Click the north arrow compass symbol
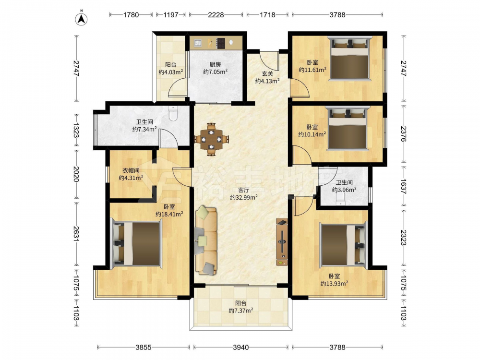[82, 19]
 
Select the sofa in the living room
[206, 240]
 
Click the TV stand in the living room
[282, 242]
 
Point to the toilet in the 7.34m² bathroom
[173, 113]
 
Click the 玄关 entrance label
[267, 74]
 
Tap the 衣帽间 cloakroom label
[131, 170]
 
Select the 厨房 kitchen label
[215, 65]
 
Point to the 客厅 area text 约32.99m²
[244, 197]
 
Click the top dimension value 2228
[216, 15]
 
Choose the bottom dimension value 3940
[240, 348]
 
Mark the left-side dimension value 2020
[76, 175]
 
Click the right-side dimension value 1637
[403, 187]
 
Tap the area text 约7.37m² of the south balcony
[240, 311]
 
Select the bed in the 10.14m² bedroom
[348, 128]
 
